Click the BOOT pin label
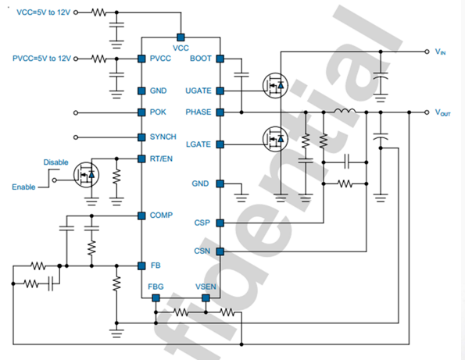coord(201,59)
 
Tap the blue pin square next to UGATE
coord(220,91)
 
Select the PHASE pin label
coord(199,112)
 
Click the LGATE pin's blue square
coord(220,144)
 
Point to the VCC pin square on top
coord(181,37)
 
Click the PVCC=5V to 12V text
coord(42,59)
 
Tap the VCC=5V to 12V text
coord(44,12)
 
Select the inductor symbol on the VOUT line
coord(345,111)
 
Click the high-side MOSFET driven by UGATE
coord(275,86)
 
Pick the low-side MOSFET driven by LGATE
coord(275,139)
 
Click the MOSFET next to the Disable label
coord(86,174)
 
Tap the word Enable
coord(23,187)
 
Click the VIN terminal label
coord(441,52)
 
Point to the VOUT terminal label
coord(443,112)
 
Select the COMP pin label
coord(161,215)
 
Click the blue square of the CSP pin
coord(220,223)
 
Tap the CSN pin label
coord(202,251)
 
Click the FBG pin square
coord(156,298)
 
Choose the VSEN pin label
coord(206,287)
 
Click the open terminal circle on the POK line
coord(76,113)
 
